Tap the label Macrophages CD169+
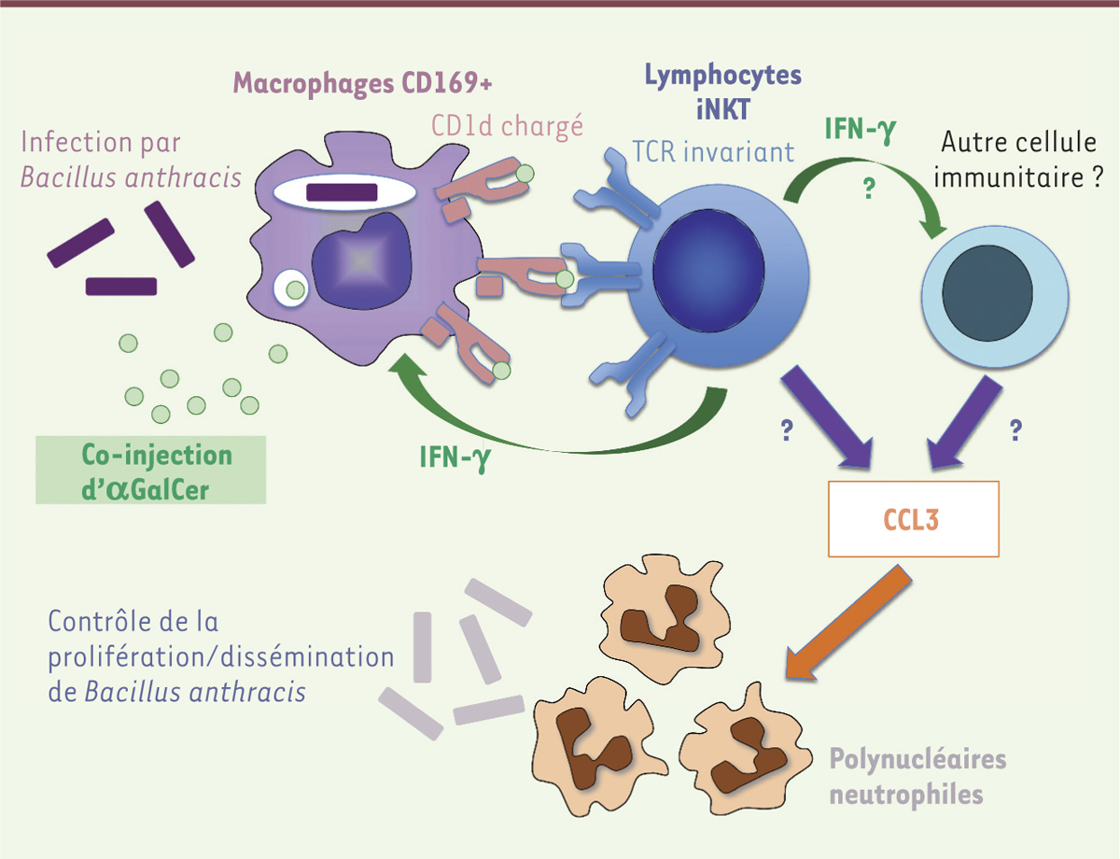point(362,83)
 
